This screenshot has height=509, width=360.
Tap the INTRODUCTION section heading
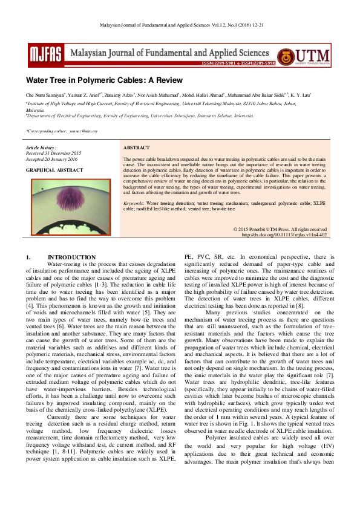point(71,258)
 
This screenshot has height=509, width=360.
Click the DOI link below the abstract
point(284,235)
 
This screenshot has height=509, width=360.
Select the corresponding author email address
point(82,130)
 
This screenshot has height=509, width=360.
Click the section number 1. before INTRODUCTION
point(28,258)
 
